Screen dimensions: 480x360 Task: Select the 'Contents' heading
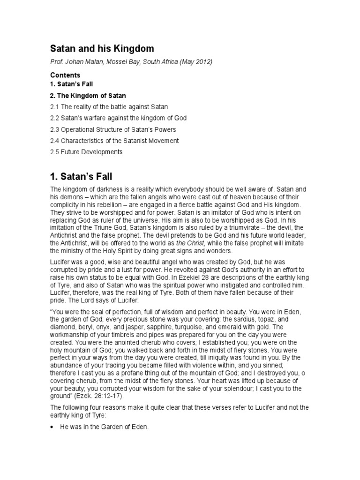click(65, 75)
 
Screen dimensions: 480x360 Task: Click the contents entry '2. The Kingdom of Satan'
click(88, 96)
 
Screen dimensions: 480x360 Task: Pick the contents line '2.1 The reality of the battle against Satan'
click(109, 107)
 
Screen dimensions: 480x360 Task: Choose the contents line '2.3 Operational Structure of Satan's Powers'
click(113, 129)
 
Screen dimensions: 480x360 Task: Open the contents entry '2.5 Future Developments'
click(86, 151)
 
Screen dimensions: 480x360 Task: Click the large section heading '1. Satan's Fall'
click(82, 177)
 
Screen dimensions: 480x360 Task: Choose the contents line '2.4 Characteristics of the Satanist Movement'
click(114, 140)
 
